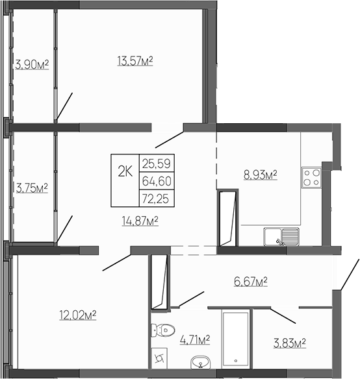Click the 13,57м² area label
coord(135,61)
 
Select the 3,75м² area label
coord(32,188)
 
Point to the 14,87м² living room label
coord(140,221)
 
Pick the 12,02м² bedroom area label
coord(77,315)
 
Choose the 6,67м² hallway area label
coord(251,281)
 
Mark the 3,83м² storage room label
coord(289,343)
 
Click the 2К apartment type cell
coord(125,171)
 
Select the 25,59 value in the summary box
coord(155,163)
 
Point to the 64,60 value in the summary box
coord(155,180)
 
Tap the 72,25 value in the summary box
coord(155,198)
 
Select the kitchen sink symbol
coord(281,237)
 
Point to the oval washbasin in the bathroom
coord(199,362)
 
